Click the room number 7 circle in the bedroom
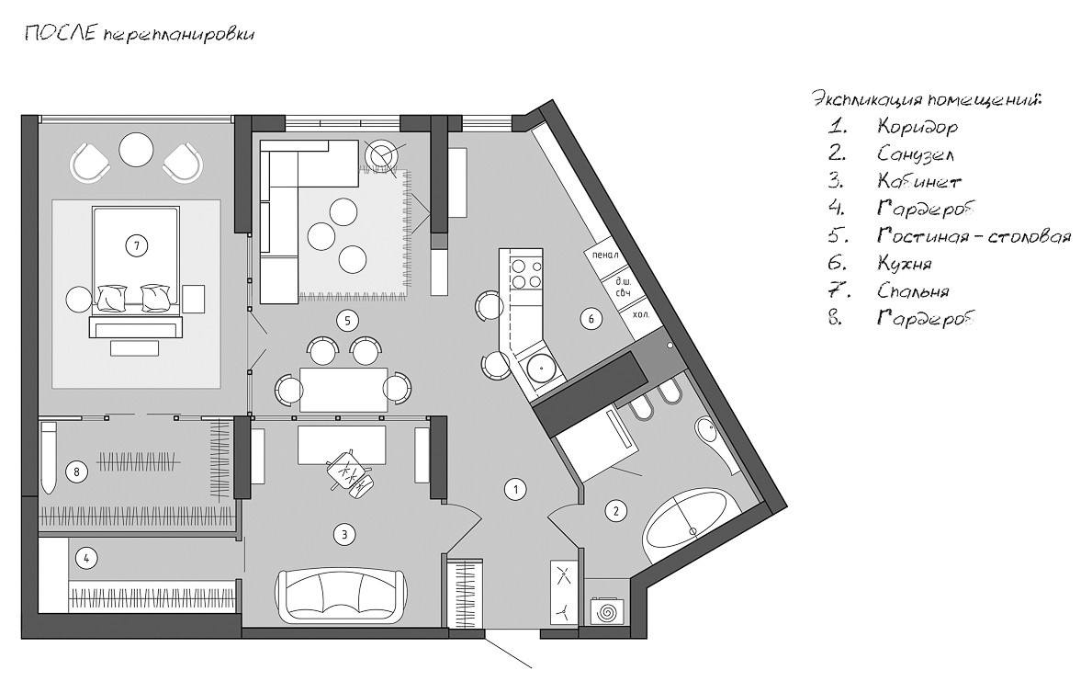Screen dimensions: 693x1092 tap(136, 244)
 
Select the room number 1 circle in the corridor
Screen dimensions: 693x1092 tap(517, 490)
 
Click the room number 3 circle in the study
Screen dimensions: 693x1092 tap(343, 533)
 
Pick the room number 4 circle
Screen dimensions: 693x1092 tap(86, 557)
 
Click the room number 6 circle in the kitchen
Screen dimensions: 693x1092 tap(591, 319)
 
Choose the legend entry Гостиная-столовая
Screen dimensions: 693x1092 tap(974, 236)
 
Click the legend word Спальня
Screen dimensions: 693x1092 tap(912, 291)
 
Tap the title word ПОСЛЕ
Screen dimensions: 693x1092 tap(56, 35)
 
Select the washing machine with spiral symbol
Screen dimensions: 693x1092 tap(604, 609)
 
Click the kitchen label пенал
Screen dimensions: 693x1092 tap(603, 255)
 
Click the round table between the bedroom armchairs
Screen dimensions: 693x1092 tap(137, 149)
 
